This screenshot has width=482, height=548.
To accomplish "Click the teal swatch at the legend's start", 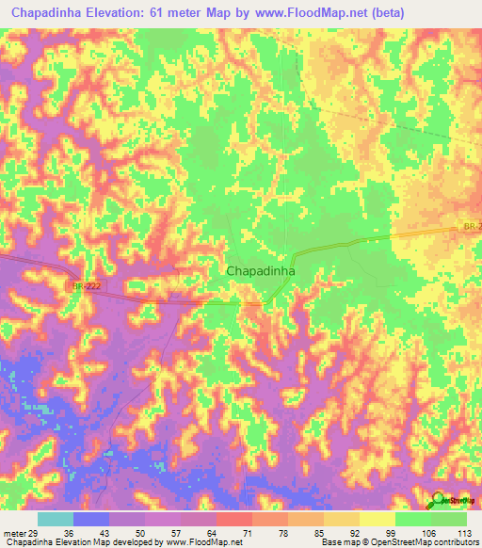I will tap(56, 519).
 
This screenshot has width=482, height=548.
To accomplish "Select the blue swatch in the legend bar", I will tap(91, 519).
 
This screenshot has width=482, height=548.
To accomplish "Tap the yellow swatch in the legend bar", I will tap(377, 519).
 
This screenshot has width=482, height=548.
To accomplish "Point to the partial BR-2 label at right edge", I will tap(472, 227).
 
